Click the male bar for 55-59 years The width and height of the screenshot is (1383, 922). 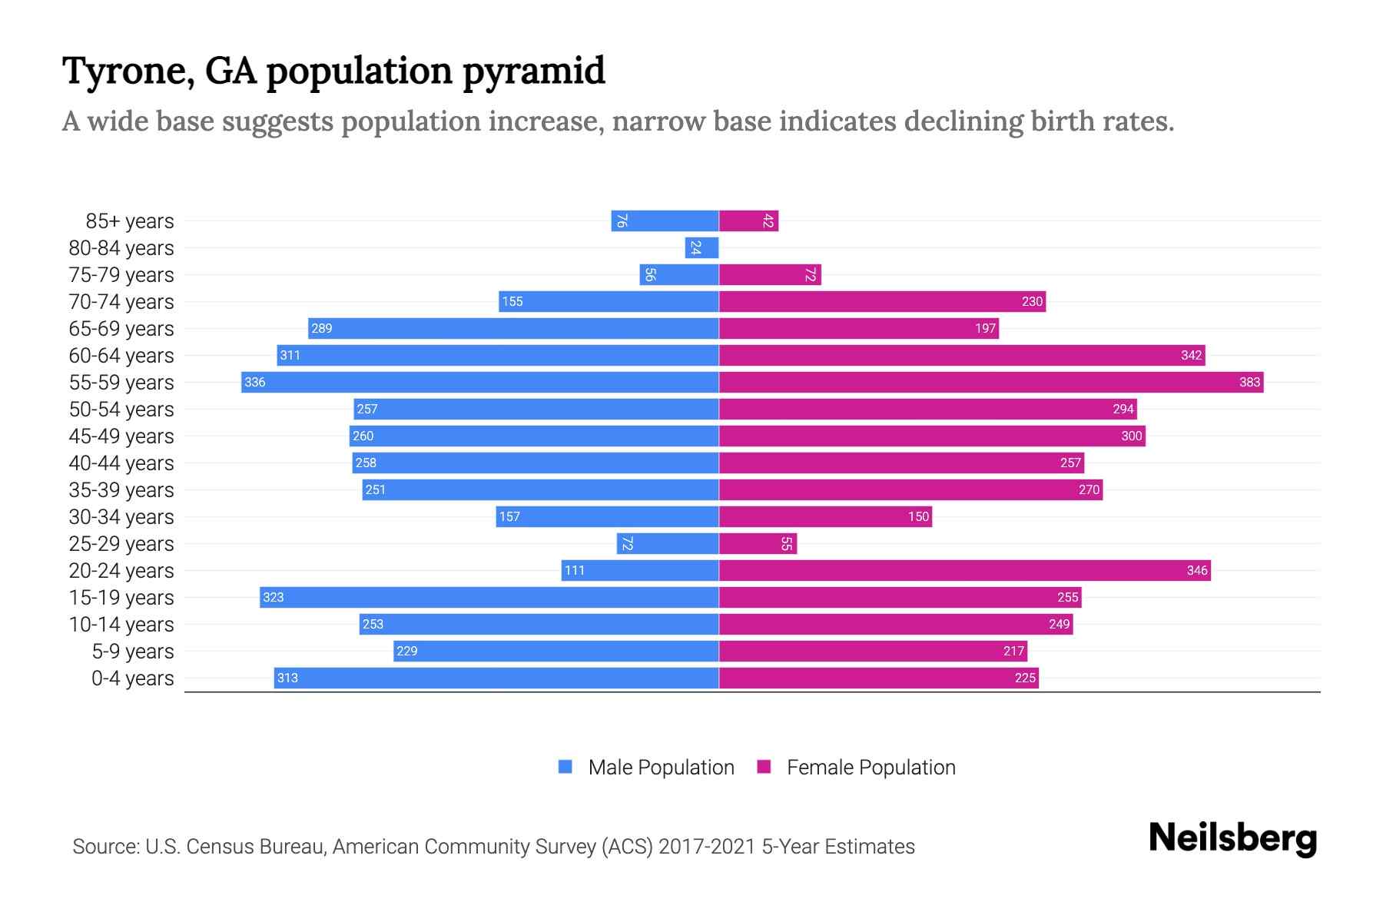(480, 382)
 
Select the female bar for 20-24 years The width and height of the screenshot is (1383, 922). (964, 570)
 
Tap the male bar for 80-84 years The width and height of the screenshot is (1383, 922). (701, 247)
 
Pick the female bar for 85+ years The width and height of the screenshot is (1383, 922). (748, 221)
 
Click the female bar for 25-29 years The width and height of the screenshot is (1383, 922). (758, 543)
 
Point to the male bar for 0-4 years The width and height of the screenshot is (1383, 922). (496, 678)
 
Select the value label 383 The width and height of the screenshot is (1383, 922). (1249, 382)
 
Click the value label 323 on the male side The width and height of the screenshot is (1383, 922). (273, 597)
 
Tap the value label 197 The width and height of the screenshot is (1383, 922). (985, 328)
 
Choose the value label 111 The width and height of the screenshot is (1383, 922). (574, 570)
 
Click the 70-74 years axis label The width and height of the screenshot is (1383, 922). (121, 302)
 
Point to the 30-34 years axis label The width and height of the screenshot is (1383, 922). (121, 517)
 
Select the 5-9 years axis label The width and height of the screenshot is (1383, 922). (133, 652)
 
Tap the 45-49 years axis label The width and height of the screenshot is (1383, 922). (121, 436)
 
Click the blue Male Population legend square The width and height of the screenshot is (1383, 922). (565, 767)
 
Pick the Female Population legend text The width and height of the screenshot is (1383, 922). (871, 767)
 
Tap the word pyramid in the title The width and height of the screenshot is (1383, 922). (534, 71)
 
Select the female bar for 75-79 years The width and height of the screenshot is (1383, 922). (770, 274)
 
